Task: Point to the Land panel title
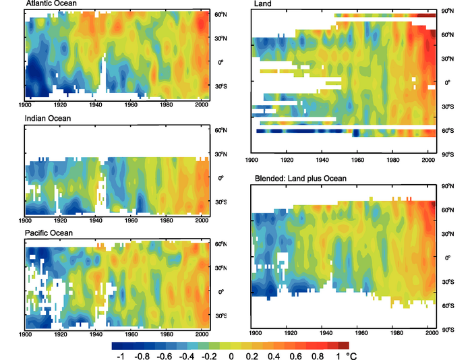[263, 5]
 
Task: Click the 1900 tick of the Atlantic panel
[26, 106]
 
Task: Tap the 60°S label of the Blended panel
[446, 305]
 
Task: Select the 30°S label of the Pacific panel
[220, 316]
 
